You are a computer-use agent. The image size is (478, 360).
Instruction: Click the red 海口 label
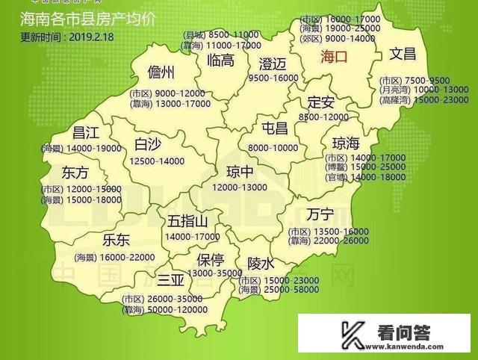(334, 56)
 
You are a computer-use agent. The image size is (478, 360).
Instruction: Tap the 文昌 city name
(403, 54)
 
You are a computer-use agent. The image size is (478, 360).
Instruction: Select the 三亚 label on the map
(170, 280)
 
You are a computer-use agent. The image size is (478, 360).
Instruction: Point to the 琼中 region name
(228, 170)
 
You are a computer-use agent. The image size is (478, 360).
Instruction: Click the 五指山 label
(188, 220)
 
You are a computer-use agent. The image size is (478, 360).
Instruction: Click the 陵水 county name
(261, 264)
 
